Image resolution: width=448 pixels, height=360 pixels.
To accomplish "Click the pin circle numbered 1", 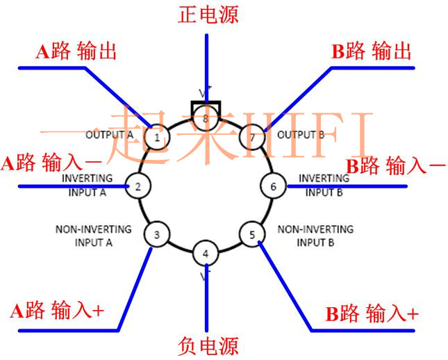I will coord(158,138).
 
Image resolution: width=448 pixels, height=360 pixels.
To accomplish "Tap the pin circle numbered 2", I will coord(138,186).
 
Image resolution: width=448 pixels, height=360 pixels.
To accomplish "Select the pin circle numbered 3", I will coord(157,235).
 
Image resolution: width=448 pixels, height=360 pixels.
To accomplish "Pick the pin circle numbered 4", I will coord(205,254).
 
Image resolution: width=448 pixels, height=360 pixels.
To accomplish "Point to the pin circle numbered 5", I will coord(252,235).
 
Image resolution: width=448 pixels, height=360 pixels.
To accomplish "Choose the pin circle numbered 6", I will coord(273,186).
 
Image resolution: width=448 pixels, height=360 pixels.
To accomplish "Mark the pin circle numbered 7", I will coord(252,138).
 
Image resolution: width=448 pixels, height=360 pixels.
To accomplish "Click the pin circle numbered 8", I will coord(205,119).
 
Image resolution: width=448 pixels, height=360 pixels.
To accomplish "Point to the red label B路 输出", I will coord(372,52).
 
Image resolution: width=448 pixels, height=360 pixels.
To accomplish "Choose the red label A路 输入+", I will coord(58,311).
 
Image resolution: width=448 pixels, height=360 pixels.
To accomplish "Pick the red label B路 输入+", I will coord(372,313).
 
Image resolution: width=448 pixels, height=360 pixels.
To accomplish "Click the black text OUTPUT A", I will coord(108,134).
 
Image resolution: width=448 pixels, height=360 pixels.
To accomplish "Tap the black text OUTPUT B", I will coord(301,134).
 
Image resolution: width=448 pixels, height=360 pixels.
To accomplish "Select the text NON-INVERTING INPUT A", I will coord(94,236).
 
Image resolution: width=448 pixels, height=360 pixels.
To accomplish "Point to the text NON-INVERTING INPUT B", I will coord(315,236).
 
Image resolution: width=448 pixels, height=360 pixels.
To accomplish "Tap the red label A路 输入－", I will coord(52,164).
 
